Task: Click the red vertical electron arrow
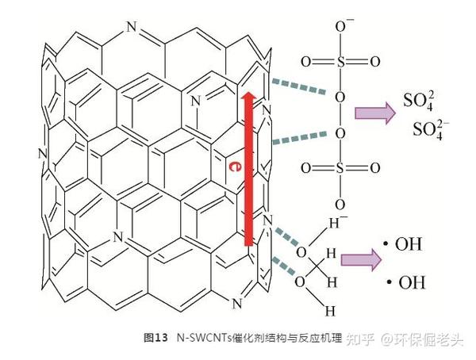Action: (x=248, y=170)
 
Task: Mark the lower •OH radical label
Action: (x=405, y=282)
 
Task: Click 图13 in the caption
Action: (x=156, y=339)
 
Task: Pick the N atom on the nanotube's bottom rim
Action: (x=236, y=303)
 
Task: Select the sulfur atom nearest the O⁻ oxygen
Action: (x=340, y=60)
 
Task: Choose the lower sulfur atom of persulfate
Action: (x=340, y=168)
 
